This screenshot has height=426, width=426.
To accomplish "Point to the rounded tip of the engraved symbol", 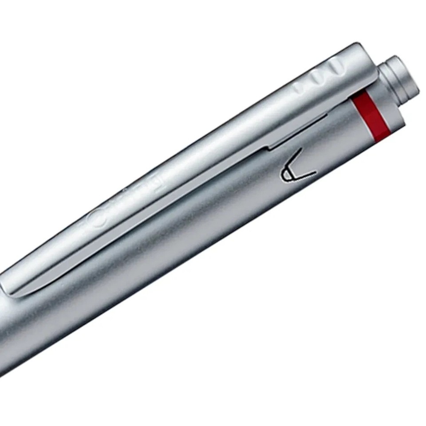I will tap(284, 175).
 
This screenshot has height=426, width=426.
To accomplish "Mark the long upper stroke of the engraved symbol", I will tap(293, 162).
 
